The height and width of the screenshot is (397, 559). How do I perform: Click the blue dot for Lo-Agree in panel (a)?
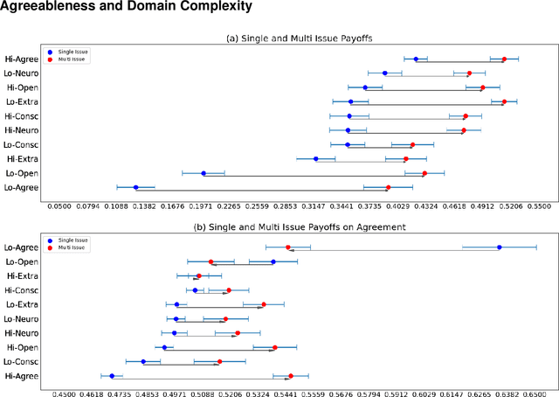tap(135, 187)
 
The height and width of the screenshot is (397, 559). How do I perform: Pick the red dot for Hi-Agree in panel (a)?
tap(504, 59)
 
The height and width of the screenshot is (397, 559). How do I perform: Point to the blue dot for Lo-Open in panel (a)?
tap(204, 173)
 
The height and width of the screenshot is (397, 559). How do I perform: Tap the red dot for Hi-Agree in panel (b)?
tap(290, 376)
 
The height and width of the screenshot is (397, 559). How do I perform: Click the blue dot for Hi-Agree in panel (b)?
tap(112, 376)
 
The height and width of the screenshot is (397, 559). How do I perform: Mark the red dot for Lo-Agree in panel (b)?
tap(287, 247)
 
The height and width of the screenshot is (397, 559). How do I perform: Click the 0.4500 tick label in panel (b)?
tap(64, 394)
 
